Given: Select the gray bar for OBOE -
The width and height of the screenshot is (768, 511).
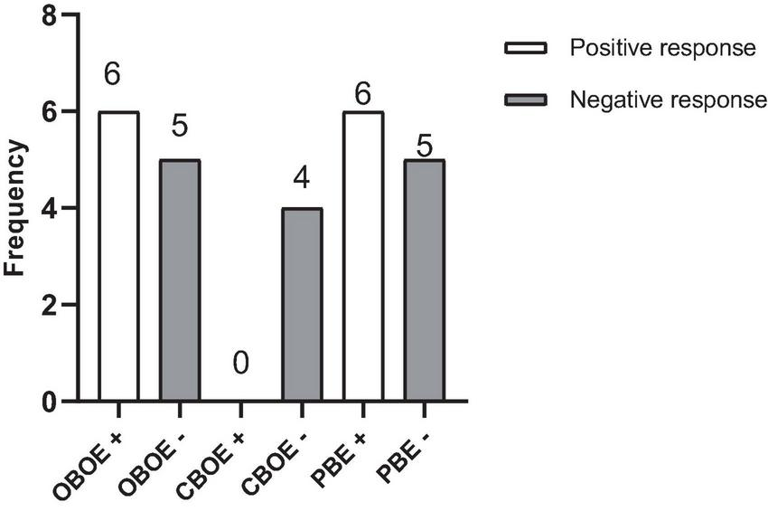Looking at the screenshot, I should pyautogui.click(x=180, y=280).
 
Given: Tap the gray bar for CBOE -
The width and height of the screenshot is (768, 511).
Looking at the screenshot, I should pyautogui.click(x=302, y=305).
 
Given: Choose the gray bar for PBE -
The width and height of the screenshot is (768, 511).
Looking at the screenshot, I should pyautogui.click(x=425, y=280).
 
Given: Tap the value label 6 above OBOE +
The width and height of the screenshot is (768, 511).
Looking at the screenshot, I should pyautogui.click(x=113, y=76).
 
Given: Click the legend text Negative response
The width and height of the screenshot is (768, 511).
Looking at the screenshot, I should pyautogui.click(x=668, y=99).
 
